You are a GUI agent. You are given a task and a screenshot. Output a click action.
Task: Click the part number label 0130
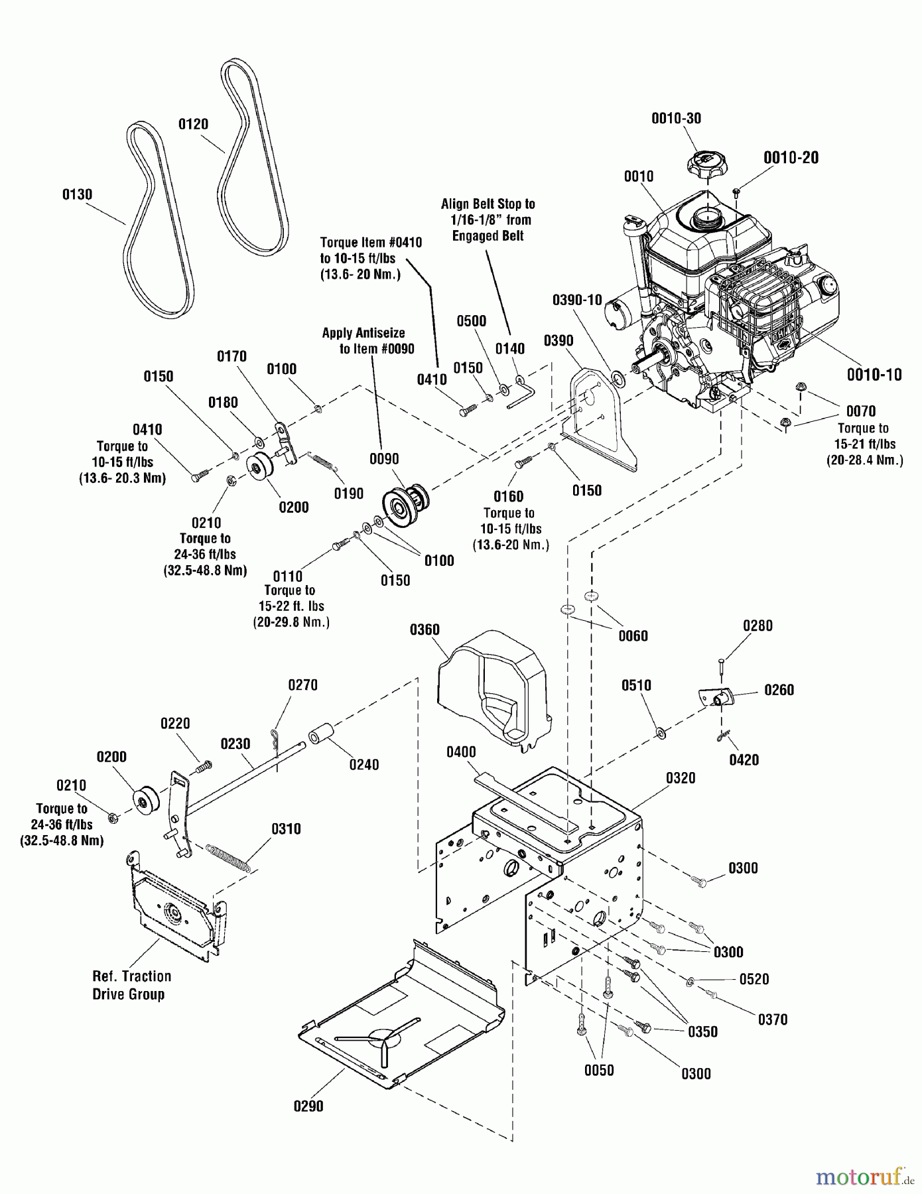(77, 194)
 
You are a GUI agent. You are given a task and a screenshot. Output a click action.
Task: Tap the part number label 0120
(193, 124)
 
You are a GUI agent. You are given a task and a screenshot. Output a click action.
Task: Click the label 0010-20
(791, 158)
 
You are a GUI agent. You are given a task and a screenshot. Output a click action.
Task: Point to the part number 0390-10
(577, 300)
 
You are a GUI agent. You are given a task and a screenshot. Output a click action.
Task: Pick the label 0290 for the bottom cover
(308, 1106)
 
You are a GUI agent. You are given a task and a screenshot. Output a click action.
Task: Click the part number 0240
(364, 765)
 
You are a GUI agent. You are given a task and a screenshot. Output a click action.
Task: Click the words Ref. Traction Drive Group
(131, 985)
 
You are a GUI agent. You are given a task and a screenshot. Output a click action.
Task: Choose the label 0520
(754, 979)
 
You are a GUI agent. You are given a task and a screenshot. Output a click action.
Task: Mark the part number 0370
(773, 1020)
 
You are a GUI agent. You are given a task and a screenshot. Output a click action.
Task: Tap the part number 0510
(636, 685)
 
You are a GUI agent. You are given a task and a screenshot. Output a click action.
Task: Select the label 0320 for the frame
(681, 778)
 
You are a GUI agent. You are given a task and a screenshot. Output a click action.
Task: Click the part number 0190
(349, 494)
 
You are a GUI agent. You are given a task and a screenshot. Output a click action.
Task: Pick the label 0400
(461, 752)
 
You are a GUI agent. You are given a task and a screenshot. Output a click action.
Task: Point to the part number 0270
(302, 685)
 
